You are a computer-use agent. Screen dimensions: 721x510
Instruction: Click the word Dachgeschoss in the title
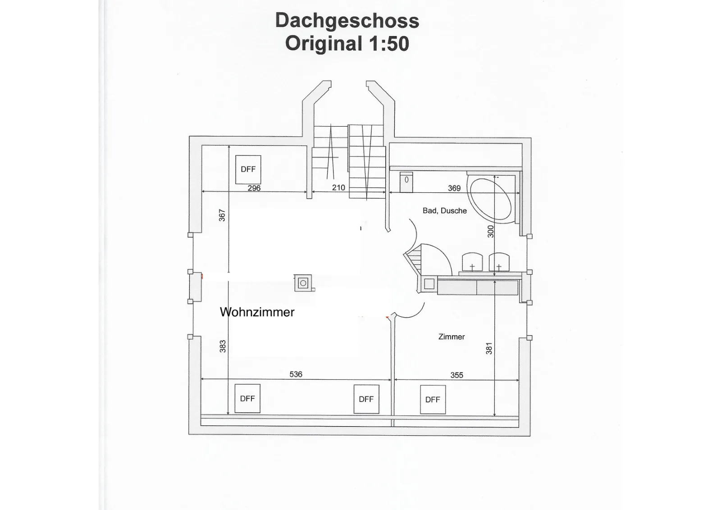coord(347,21)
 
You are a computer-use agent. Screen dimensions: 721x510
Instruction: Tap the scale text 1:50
coord(389,44)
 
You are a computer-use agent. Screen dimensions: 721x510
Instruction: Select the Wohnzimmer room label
coord(257,312)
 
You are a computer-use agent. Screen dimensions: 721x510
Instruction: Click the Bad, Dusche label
coord(444,211)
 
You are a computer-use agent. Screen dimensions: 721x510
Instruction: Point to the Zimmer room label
coord(452,337)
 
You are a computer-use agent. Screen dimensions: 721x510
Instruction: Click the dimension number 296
coord(254,188)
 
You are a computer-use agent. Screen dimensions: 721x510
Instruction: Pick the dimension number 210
coord(338,187)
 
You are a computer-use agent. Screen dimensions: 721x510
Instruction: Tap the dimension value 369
coord(454,188)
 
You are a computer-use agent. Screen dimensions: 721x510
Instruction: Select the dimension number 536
coord(296,374)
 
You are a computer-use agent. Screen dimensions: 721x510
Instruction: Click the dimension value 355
coord(457,375)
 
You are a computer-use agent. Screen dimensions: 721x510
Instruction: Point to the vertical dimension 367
coord(222,215)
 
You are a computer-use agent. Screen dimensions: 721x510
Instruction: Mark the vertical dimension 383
coord(223,346)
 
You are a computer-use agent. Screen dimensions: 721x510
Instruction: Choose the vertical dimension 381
coord(489,348)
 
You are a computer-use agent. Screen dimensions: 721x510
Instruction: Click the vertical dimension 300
coord(490,232)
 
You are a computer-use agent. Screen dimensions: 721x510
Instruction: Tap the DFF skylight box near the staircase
coord(248,169)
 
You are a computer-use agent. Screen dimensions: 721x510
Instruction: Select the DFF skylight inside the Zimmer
coord(433,400)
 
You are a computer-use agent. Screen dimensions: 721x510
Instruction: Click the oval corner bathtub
coord(491,200)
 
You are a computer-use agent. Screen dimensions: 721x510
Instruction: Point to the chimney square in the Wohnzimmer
coord(303,283)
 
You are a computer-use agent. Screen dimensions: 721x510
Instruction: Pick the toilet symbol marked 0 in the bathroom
coord(406,182)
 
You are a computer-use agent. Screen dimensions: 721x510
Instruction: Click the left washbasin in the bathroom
coord(472,262)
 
